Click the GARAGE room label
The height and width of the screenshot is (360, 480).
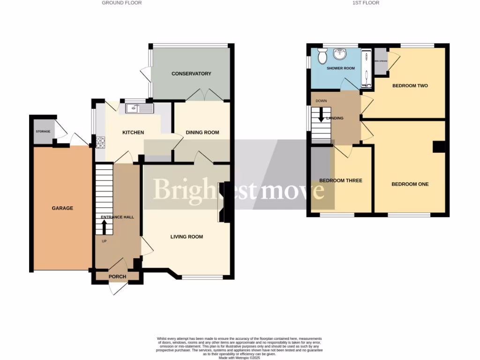(x=62, y=208)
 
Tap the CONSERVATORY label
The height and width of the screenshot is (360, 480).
(x=191, y=74)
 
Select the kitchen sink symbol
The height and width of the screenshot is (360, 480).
(x=140, y=109)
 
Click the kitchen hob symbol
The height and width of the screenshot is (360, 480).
(x=101, y=142)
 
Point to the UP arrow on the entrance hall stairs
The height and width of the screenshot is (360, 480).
(x=104, y=228)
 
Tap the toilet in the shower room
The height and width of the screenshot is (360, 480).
(x=322, y=57)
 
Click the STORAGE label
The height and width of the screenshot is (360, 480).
(x=43, y=131)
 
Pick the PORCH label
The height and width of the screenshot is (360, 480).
(x=117, y=277)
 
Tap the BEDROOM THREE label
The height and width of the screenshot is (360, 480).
(x=341, y=180)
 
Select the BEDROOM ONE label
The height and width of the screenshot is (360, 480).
(x=410, y=184)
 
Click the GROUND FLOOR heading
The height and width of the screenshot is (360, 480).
(x=122, y=3)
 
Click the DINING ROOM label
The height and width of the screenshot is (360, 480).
(x=202, y=132)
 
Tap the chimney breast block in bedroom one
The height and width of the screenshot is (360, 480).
(x=439, y=146)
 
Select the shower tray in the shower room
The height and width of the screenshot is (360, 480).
(x=367, y=69)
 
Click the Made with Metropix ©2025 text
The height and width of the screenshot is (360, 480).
(x=240, y=357)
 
